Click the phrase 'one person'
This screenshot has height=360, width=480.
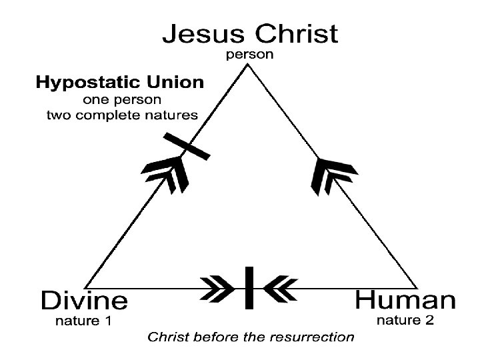point(123,101)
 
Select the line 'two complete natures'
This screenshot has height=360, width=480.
point(122,115)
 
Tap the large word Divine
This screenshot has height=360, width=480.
point(84,301)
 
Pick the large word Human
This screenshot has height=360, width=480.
point(405,301)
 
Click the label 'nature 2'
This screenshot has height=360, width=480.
point(406,321)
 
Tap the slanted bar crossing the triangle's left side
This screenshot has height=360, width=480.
point(187,147)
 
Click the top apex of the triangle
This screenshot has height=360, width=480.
point(249,67)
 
